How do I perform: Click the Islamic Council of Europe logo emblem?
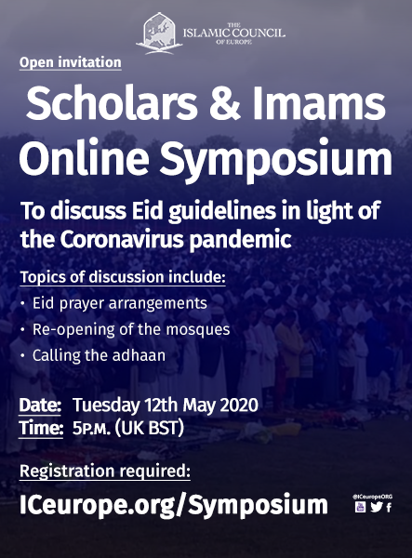tap(159, 33)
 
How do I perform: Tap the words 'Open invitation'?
tap(71, 62)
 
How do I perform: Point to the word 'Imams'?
tap(319, 102)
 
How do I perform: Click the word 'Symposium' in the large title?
tap(275, 159)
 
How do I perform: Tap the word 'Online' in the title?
tap(84, 157)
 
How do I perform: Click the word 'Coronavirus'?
tap(122, 240)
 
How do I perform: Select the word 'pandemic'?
tap(240, 241)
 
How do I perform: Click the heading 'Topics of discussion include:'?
tap(123, 277)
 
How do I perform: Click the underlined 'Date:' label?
tap(40, 405)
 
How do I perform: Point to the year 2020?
tap(239, 405)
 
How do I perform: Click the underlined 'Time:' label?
tap(41, 428)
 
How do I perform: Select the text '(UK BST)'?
tap(149, 428)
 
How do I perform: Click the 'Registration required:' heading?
tap(105, 472)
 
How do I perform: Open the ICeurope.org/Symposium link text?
tap(174, 505)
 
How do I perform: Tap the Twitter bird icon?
tap(376, 507)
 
